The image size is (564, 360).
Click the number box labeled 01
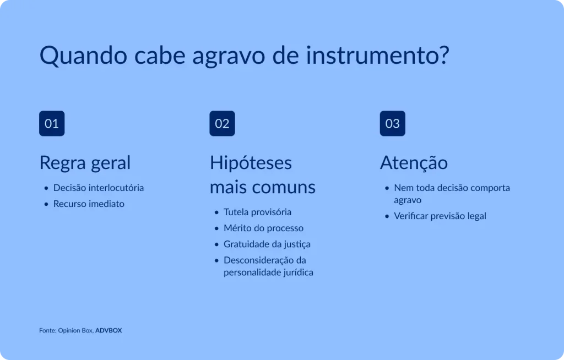52,123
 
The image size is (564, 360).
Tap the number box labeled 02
222,123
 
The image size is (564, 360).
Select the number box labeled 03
392,123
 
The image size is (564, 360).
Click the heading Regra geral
85,163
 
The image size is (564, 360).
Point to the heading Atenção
414,163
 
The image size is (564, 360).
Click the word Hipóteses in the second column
251,163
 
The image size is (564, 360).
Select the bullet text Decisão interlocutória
99,188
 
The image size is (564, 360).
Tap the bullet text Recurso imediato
89,204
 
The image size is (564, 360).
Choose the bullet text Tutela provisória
257,212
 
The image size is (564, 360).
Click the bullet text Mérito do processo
263,228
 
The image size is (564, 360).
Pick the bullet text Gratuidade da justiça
267,244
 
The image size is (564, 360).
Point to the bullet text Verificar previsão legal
440,216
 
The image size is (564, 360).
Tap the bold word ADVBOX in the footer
109,331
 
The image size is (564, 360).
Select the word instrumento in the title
377,56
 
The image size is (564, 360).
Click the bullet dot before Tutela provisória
216,212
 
